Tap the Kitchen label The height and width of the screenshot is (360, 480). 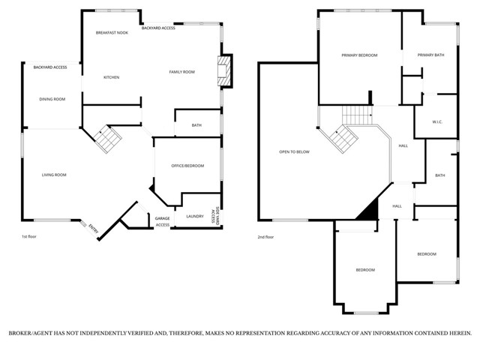(x=111, y=77)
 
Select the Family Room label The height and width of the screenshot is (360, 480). (x=181, y=72)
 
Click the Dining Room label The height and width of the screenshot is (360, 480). (x=52, y=99)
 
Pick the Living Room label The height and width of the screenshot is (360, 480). (x=54, y=175)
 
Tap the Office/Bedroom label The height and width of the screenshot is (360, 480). (x=187, y=166)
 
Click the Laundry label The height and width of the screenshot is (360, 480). (x=195, y=216)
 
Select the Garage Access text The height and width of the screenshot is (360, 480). (x=162, y=222)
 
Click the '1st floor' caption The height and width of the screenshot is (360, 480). (x=30, y=237)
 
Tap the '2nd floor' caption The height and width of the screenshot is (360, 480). (x=266, y=237)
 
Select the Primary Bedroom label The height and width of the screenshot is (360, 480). (x=359, y=55)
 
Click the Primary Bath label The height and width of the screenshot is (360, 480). (x=430, y=55)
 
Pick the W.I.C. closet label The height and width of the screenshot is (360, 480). (x=438, y=121)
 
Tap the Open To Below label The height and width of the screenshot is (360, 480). (x=294, y=152)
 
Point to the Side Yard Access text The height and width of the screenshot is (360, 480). (x=216, y=216)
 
